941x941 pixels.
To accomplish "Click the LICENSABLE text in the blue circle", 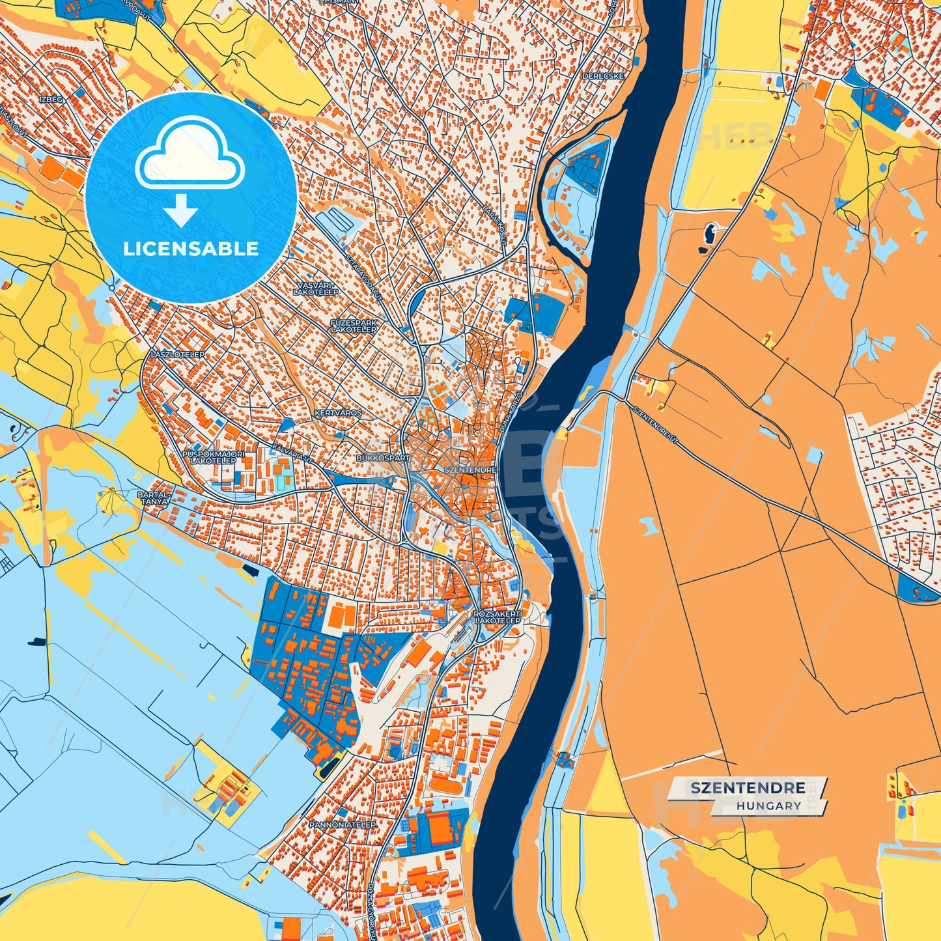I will (191, 249).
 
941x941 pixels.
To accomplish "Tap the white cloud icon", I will (190, 159).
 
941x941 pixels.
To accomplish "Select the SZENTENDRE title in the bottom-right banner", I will (748, 788).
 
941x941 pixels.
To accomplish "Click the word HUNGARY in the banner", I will (769, 806).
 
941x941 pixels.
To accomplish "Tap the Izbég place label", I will (51, 99).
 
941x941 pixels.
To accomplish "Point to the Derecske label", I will (603, 76).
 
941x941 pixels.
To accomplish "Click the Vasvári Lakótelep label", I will (316, 289).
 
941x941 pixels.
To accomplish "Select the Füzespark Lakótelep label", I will (354, 326).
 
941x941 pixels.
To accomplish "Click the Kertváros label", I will (338, 414).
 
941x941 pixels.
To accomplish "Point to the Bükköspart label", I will (384, 458).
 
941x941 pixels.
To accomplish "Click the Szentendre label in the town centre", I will (470, 470).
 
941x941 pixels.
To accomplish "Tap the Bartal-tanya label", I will (153, 498).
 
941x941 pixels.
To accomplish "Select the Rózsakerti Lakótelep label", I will (498, 617).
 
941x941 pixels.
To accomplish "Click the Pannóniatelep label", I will (343, 824).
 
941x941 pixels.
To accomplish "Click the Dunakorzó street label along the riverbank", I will (511, 414).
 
